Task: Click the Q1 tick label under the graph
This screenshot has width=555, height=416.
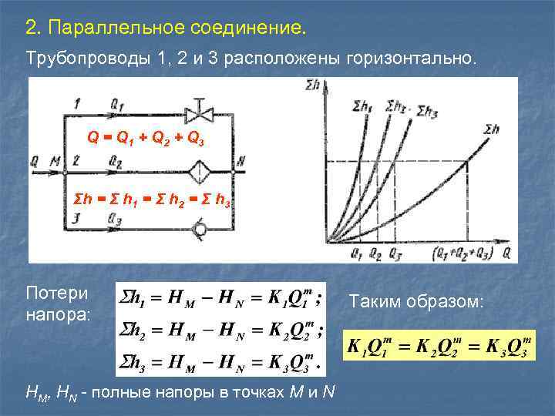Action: point(355,251)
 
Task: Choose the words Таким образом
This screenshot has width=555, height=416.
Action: point(416,303)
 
